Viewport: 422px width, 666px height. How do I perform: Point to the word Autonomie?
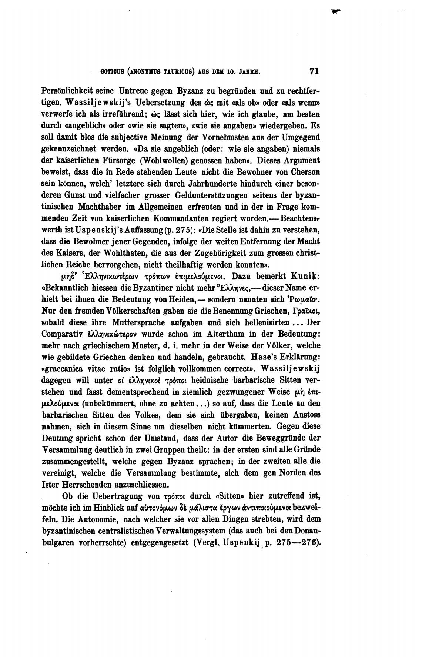pos(81,519)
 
